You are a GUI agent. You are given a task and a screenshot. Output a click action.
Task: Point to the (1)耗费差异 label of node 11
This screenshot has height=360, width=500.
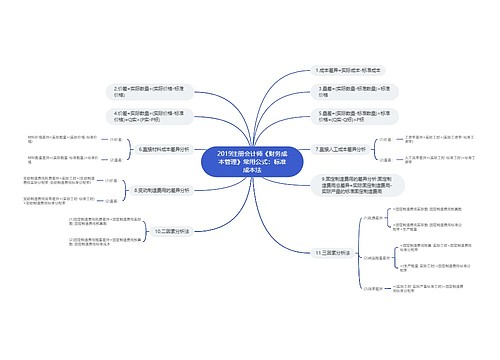pyautogui.click(x=371, y=218)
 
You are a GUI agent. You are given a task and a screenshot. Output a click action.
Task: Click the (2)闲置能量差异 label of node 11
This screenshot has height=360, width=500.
pyautogui.click(x=374, y=257)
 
